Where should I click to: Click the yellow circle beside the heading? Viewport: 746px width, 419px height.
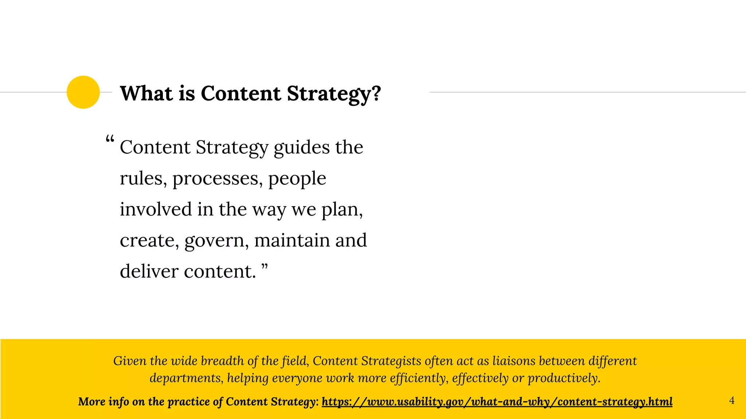point(83,92)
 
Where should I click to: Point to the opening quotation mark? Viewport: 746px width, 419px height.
point(110,139)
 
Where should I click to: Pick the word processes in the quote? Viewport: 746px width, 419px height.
point(217,179)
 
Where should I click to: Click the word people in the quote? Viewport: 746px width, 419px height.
point(297,179)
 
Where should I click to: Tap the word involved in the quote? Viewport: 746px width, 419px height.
point(156,209)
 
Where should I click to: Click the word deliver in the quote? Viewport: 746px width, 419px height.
point(149,271)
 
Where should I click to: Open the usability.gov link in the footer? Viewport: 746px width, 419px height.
point(497,402)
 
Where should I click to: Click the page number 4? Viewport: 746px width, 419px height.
point(731,400)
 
